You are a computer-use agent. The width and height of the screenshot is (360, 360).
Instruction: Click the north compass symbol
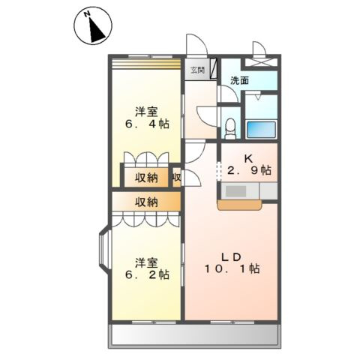93,25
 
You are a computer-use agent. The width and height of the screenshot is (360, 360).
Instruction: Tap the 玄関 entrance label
198,70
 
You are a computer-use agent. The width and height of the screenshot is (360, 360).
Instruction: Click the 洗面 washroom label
239,80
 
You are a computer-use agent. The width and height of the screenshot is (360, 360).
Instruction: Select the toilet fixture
230,128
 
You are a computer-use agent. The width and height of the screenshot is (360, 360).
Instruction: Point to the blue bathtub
261,130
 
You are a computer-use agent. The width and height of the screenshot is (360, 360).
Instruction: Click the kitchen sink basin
235,191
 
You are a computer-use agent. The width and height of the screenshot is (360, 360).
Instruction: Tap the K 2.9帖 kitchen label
249,165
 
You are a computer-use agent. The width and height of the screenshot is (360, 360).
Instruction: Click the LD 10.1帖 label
232,263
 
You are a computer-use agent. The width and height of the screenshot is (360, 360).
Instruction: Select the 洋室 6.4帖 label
147,118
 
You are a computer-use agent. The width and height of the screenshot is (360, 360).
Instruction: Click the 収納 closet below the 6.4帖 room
146,178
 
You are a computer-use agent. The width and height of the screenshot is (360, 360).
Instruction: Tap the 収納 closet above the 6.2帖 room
146,202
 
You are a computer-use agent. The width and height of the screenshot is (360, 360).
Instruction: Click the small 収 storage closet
177,178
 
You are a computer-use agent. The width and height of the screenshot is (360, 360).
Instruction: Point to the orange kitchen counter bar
240,205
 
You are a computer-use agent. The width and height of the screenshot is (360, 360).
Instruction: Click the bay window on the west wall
103,250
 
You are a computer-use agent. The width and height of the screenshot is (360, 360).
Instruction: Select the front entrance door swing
197,44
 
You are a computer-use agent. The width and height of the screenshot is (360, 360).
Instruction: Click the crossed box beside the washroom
260,62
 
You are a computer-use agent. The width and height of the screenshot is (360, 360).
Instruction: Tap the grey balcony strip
194,336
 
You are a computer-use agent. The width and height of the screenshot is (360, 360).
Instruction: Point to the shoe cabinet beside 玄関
213,69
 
